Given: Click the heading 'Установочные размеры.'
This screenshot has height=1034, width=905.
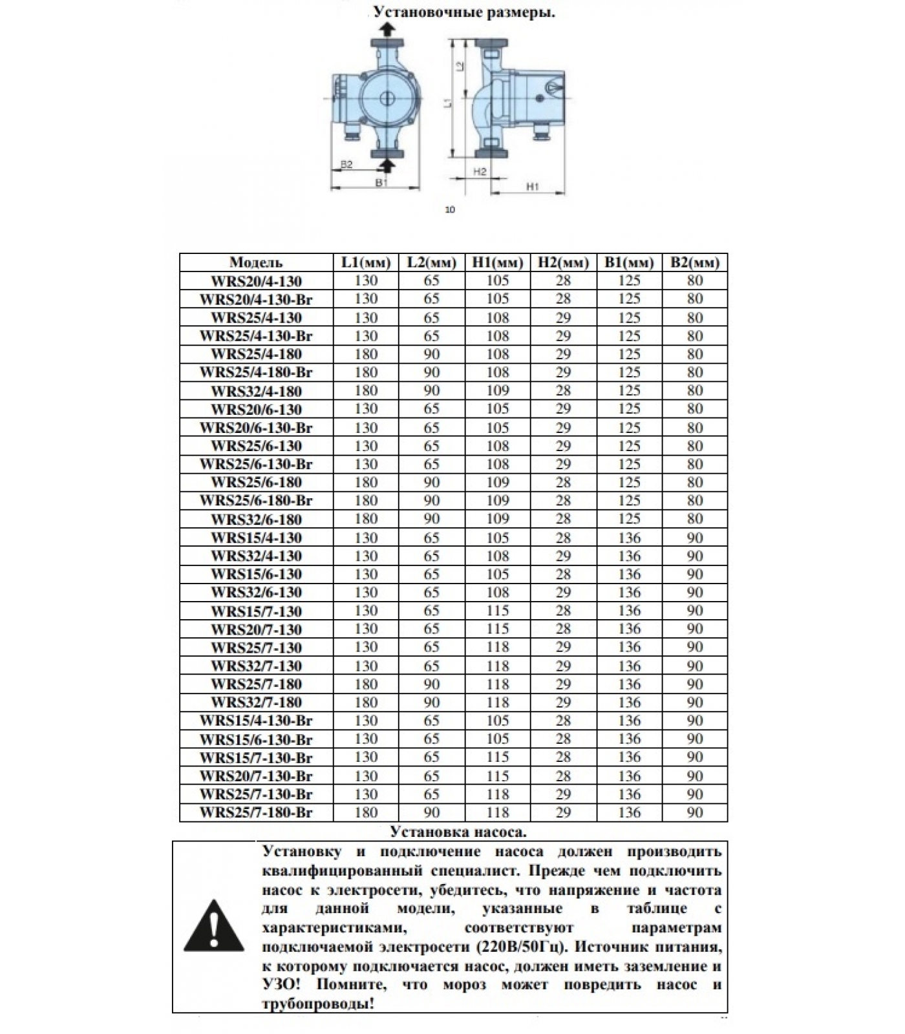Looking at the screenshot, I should tap(464, 12).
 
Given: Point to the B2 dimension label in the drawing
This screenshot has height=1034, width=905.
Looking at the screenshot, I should tap(346, 164).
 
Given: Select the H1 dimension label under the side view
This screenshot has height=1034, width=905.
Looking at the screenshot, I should tap(532, 186).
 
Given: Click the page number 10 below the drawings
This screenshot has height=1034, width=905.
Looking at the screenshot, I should tap(451, 209).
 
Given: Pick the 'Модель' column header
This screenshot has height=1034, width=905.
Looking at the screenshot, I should tap(256, 262).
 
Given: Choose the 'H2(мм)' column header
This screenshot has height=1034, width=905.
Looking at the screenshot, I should tap(563, 262).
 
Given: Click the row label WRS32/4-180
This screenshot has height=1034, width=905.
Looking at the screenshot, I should tap(256, 391).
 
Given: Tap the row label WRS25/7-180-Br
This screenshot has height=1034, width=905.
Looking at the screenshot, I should tap(256, 813).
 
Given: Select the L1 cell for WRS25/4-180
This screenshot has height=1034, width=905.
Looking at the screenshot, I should tap(366, 354).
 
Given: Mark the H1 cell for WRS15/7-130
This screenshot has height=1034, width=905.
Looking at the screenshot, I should tap(498, 611).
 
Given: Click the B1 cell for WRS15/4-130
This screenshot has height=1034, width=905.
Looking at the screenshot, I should tap(629, 538).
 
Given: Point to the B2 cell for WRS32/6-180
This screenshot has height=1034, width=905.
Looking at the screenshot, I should tap(695, 519).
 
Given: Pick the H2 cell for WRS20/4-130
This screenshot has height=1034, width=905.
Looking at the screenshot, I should tap(563, 280).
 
